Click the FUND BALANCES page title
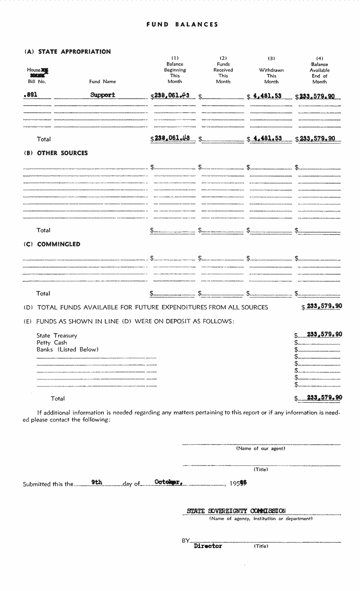182,25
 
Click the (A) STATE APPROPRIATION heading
67,51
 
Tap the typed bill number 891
31,95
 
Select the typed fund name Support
102,95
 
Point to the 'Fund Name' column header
102,82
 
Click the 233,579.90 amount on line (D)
324,306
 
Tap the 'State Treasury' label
57,336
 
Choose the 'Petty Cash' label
52,343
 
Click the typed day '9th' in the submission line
97,482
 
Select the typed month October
168,482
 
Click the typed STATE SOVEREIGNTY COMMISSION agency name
236,511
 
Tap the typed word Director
208,546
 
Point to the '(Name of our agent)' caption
260,448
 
